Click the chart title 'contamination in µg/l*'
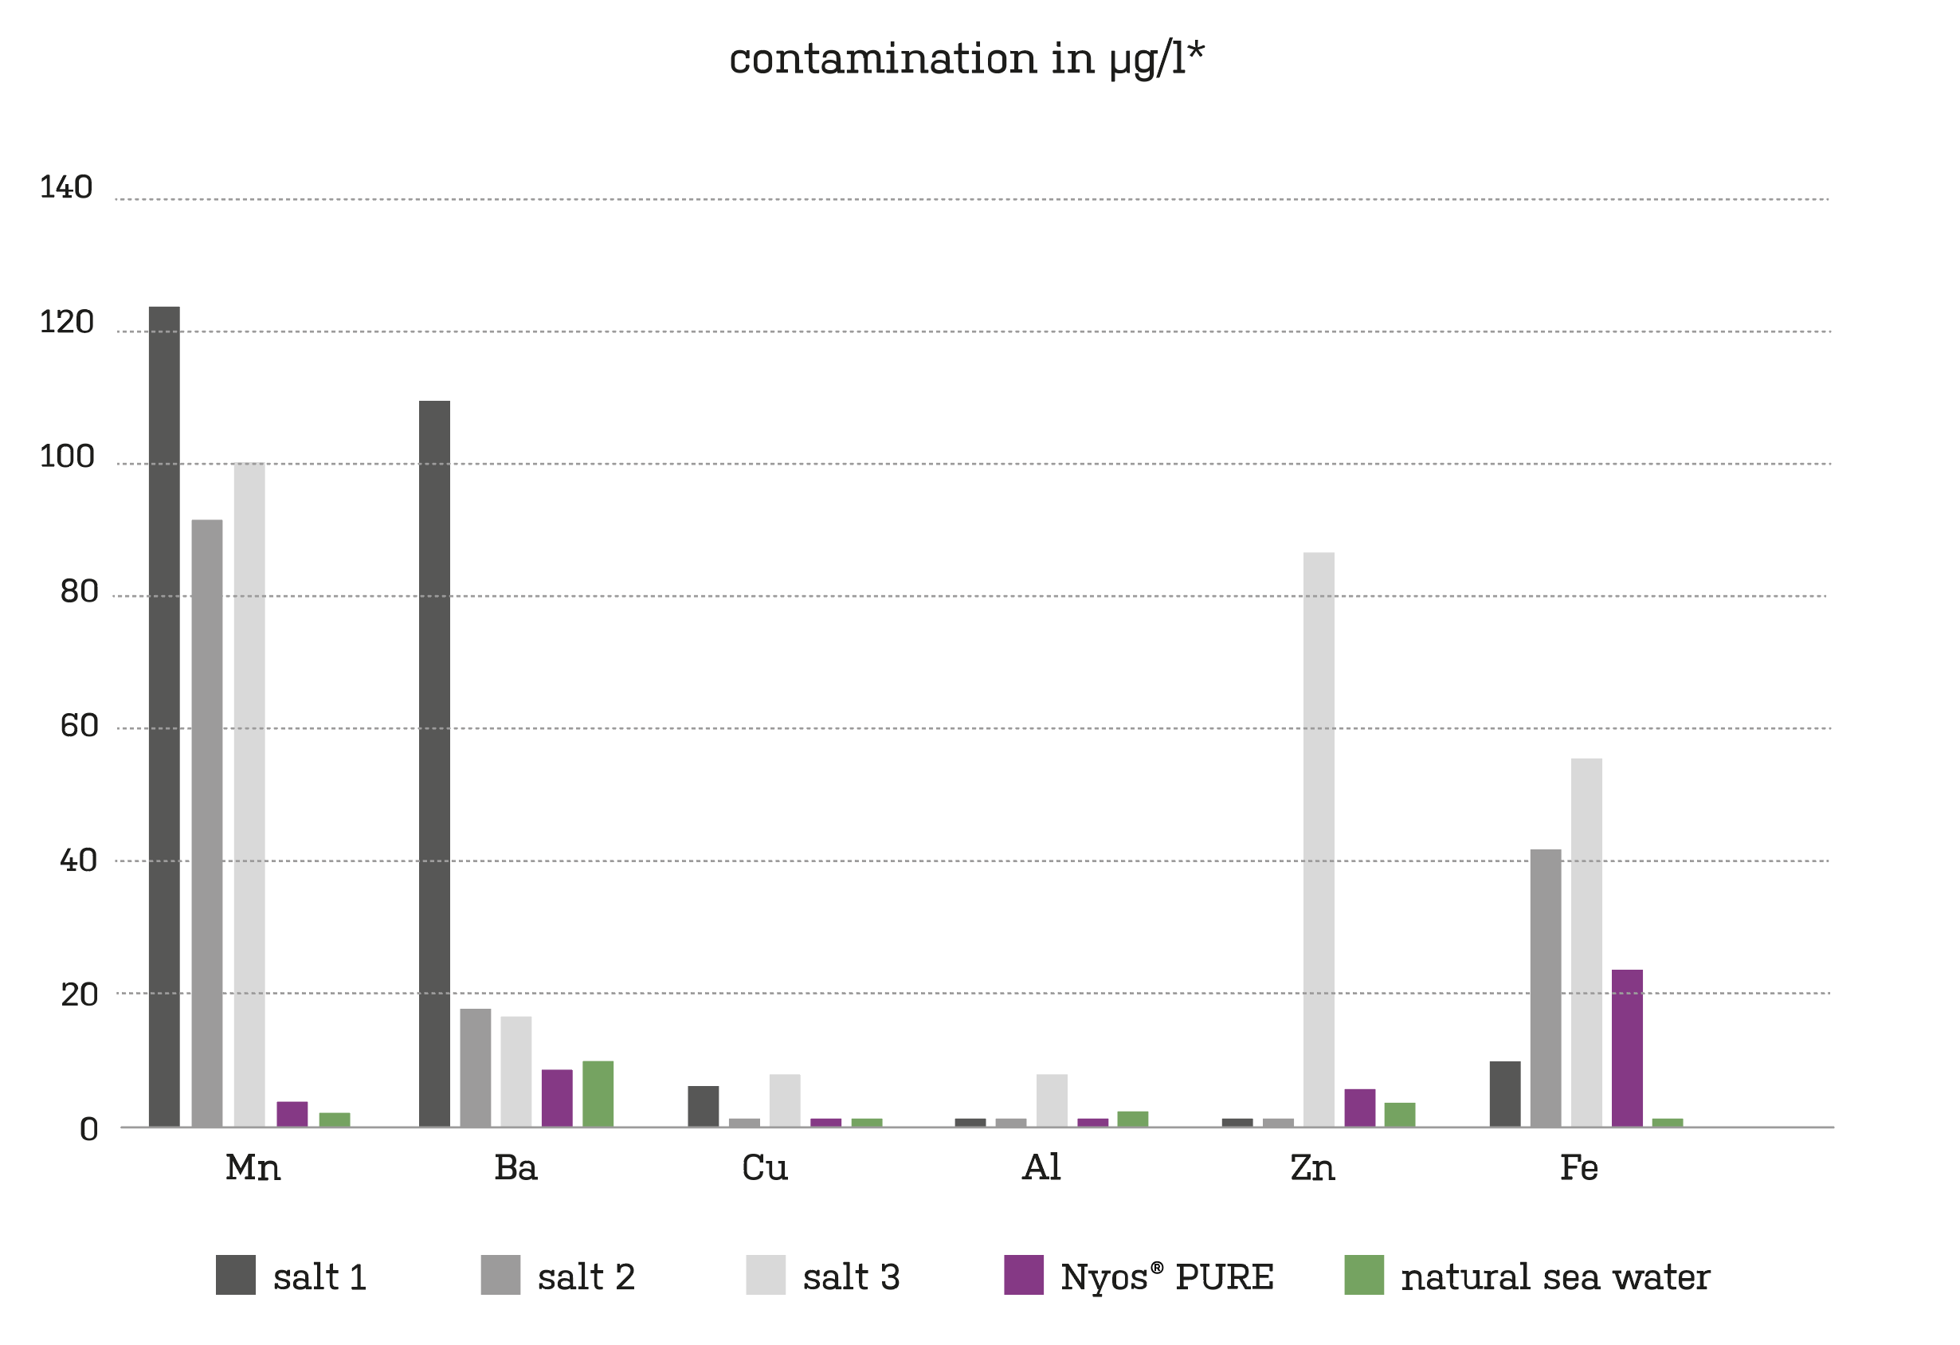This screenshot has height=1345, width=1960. point(966,59)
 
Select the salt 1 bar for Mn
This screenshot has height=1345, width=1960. point(164,717)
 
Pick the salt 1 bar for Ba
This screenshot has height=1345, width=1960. point(434,763)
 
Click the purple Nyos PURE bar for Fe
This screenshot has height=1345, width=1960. point(1627,1048)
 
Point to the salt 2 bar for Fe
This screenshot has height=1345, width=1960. point(1545,987)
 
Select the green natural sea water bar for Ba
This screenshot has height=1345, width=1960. point(598,1094)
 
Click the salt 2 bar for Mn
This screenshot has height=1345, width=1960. point(206,823)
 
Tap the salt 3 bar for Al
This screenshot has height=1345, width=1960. point(1052,1100)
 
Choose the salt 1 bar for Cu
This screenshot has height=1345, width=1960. point(704,1106)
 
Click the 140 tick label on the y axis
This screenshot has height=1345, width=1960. point(67,187)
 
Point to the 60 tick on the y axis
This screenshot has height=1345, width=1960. point(80,726)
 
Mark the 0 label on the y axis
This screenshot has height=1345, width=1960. point(88,1130)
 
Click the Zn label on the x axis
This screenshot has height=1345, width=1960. point(1312,1169)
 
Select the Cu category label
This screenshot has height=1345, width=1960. point(765,1169)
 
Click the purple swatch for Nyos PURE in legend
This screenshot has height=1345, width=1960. point(1023,1275)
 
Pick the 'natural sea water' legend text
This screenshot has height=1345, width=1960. point(1555,1277)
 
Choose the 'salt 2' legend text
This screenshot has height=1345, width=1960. point(586,1277)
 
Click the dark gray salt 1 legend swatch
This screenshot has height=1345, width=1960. point(235,1275)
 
